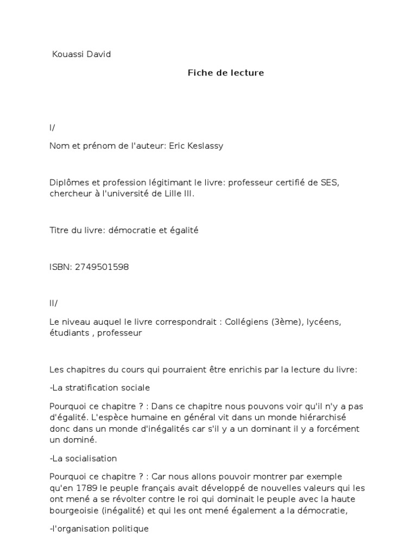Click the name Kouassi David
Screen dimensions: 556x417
click(x=81, y=54)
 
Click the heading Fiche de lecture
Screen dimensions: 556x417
click(x=225, y=73)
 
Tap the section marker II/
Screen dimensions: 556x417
click(x=54, y=304)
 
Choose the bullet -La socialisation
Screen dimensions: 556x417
click(x=83, y=458)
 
